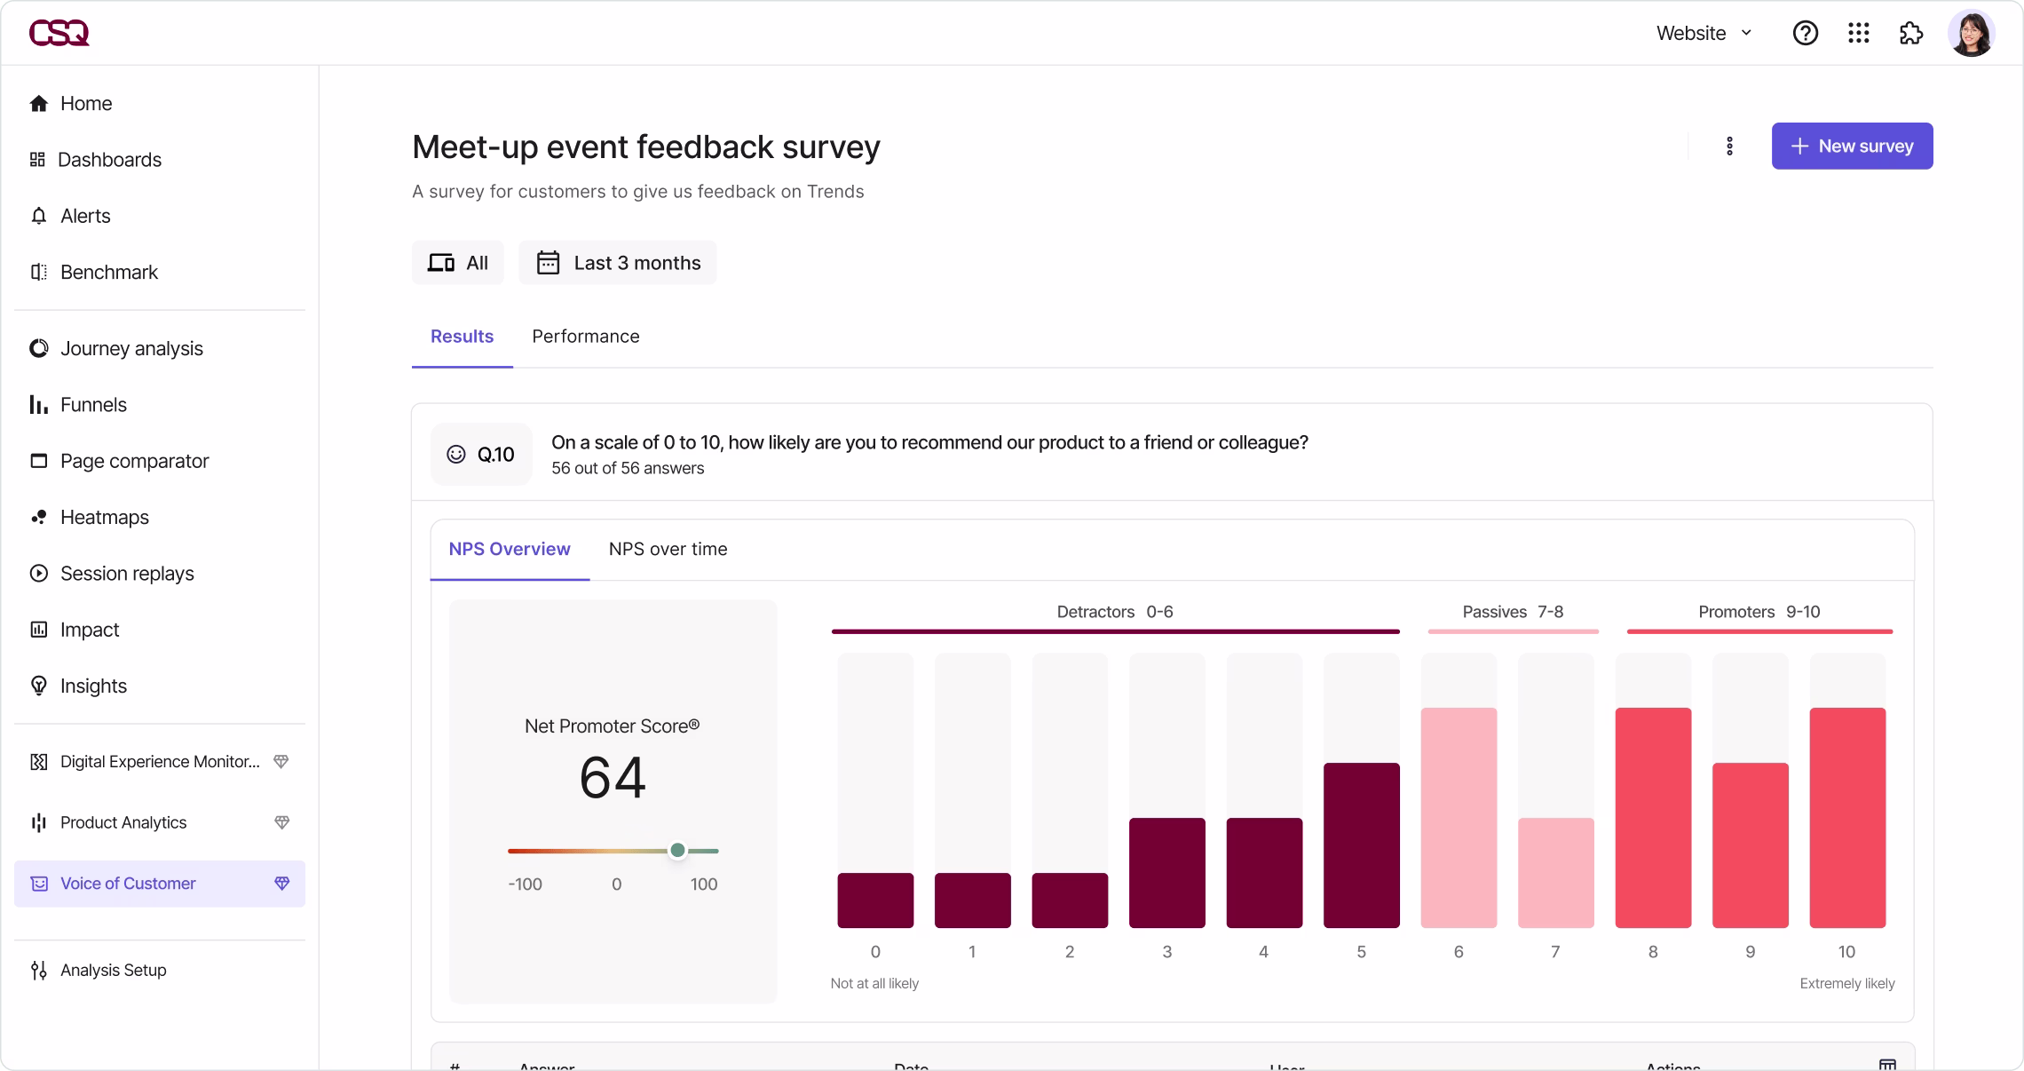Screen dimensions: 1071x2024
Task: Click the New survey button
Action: pos(1852,146)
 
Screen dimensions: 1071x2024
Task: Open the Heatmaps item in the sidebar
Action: pos(104,517)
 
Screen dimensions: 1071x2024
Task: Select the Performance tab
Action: pos(585,337)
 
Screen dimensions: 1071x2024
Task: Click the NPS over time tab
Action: pos(668,549)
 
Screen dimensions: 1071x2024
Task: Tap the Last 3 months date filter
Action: pos(618,263)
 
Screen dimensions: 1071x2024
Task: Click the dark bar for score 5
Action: pos(1361,845)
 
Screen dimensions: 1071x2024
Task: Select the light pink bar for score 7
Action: pos(1555,872)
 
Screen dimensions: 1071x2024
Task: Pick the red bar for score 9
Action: pos(1750,845)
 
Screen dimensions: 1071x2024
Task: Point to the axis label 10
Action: pos(1846,952)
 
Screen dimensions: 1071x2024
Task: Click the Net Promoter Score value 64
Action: pos(613,778)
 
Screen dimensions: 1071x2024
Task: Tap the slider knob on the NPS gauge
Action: pos(677,851)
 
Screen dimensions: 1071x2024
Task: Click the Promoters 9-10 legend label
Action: pos(1759,612)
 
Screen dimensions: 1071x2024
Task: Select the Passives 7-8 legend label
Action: pos(1513,612)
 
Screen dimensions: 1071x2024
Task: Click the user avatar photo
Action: pos(1971,33)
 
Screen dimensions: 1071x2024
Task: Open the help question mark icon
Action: pos(1805,33)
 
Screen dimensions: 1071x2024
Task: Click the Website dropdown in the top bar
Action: pos(1704,33)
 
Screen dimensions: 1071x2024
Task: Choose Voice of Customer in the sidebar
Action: pos(128,884)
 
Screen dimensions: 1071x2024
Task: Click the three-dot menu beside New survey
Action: pos(1728,146)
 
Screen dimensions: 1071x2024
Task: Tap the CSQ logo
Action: pos(59,33)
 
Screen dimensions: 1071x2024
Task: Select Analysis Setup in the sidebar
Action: pos(113,970)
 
